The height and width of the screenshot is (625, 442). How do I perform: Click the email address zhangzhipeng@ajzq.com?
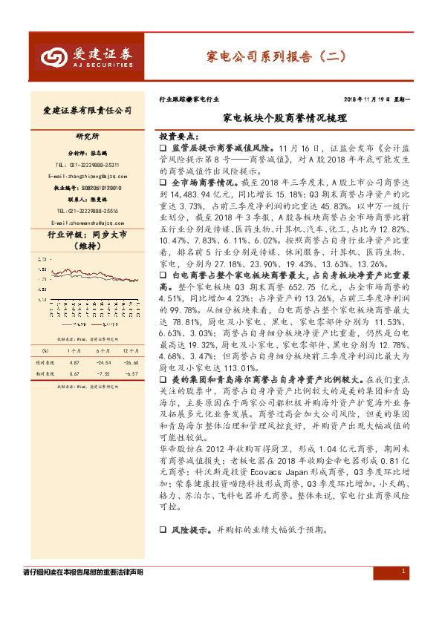click(92, 177)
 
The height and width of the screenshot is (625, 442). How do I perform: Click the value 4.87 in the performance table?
click(74, 341)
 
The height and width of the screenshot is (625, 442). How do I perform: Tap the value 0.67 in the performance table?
click(74, 353)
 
